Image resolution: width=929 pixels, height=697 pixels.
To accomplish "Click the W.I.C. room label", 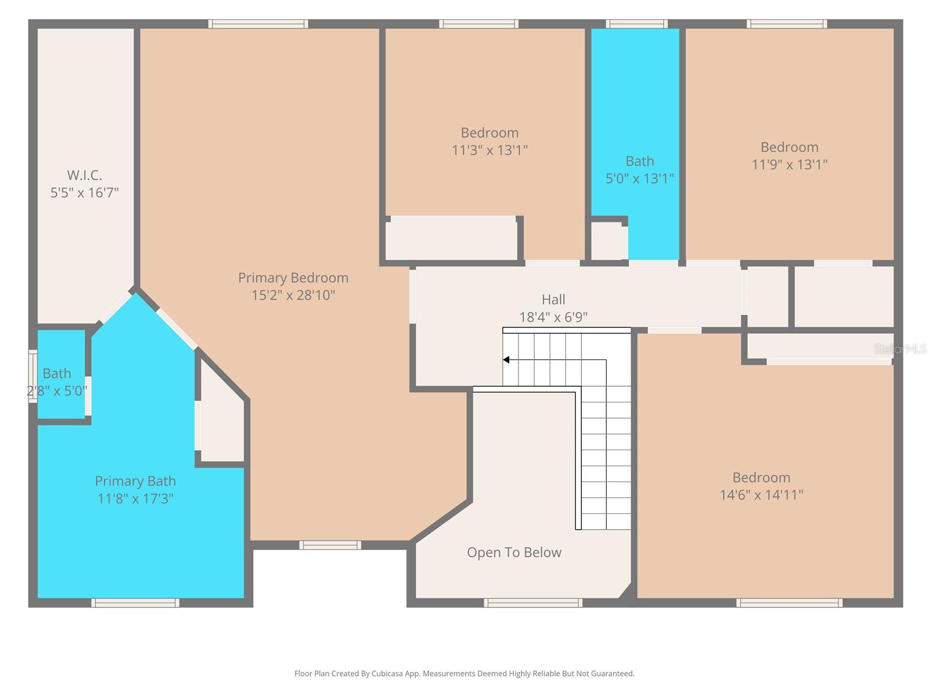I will pyautogui.click(x=84, y=175).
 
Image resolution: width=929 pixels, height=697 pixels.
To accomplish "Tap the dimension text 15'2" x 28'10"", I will pyautogui.click(x=293, y=295).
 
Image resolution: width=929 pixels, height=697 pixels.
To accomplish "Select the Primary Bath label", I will pyautogui.click(x=135, y=481).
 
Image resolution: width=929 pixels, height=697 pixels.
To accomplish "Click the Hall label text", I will pyautogui.click(x=553, y=300).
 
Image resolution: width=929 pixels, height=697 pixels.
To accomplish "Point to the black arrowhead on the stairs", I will pyautogui.click(x=506, y=360).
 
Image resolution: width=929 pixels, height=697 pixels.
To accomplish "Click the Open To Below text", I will pyautogui.click(x=514, y=552).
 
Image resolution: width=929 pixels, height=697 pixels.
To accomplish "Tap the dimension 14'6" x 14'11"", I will pyautogui.click(x=761, y=495).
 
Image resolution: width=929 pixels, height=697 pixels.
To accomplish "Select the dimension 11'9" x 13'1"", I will pyautogui.click(x=789, y=164).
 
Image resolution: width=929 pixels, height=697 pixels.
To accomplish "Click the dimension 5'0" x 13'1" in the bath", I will pyautogui.click(x=639, y=178).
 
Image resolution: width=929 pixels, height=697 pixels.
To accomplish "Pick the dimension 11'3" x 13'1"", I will pyautogui.click(x=489, y=150).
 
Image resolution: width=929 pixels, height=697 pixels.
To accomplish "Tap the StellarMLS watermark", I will pyautogui.click(x=900, y=348).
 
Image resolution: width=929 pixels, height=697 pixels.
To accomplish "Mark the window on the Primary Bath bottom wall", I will pyautogui.click(x=135, y=603).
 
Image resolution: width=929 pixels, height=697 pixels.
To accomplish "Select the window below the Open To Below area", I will pyautogui.click(x=532, y=603).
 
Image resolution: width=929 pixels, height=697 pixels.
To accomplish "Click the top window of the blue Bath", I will pyautogui.click(x=636, y=24).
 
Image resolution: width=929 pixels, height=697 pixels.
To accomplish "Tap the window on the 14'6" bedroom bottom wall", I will pyautogui.click(x=789, y=603).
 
